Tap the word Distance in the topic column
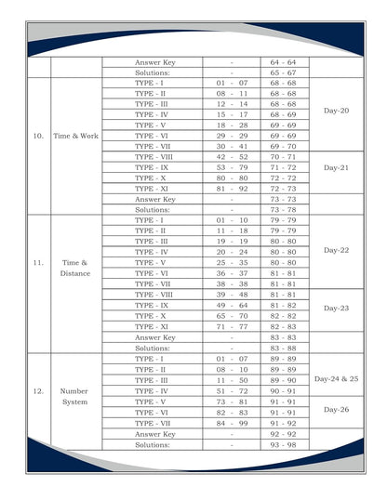(x=75, y=274)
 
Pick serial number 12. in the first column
(x=38, y=391)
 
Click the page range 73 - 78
(x=283, y=210)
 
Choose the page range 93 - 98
(x=283, y=444)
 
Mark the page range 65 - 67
(x=283, y=72)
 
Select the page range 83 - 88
(x=283, y=349)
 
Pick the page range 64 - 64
(x=283, y=62)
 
